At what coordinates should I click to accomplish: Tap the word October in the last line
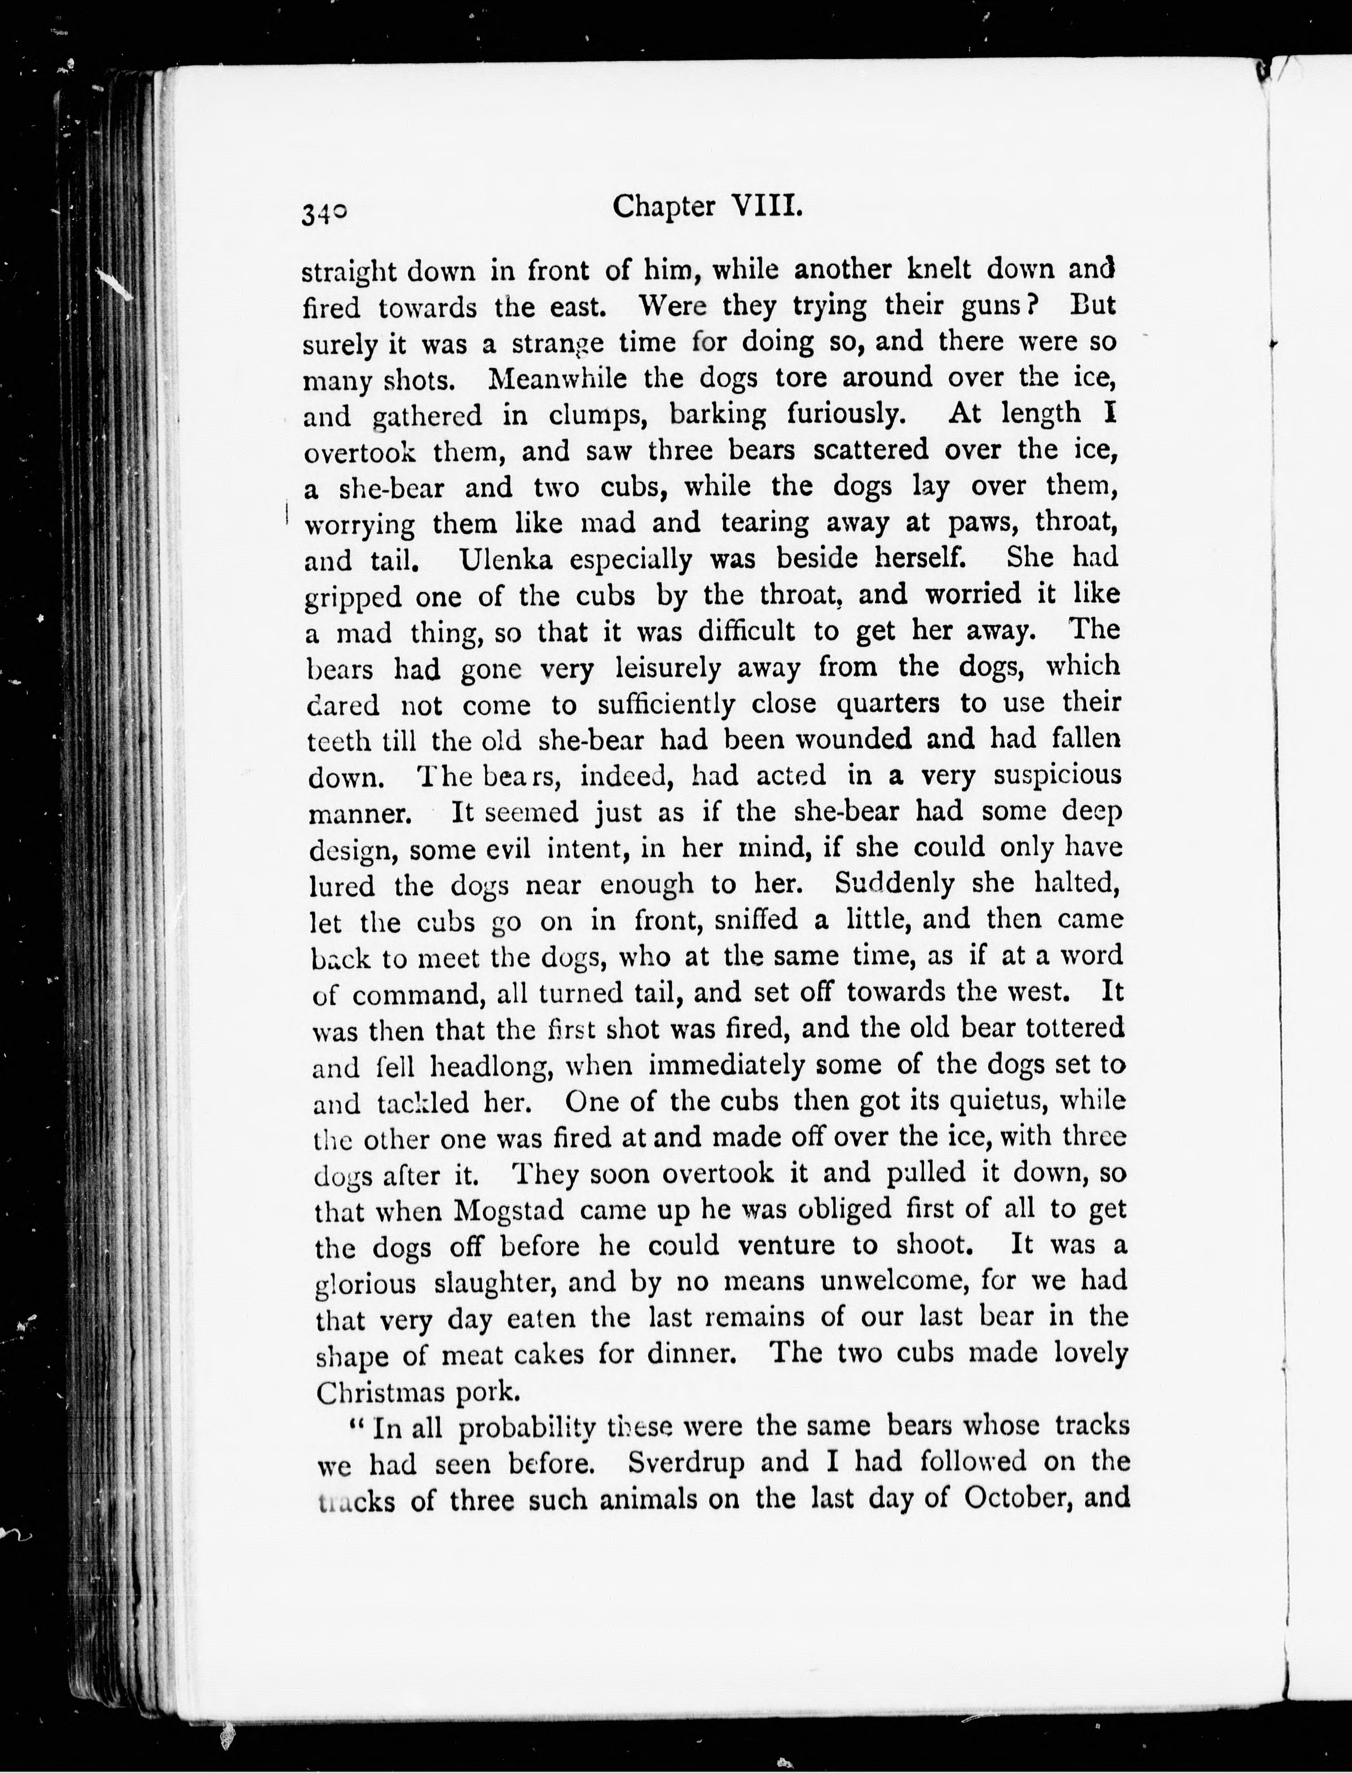1004,1498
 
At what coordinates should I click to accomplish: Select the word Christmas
376,1391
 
